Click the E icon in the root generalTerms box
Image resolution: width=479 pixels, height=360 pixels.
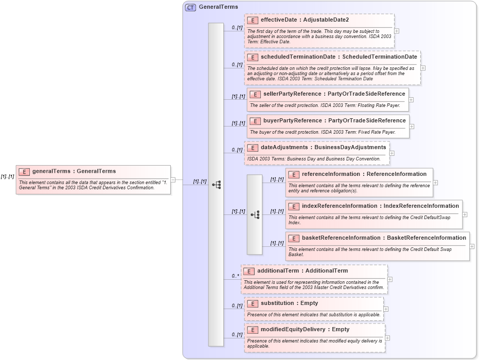pos(24,172)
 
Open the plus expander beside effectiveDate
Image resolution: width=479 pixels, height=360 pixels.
pos(397,31)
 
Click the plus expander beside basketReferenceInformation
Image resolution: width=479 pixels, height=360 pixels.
pos(472,246)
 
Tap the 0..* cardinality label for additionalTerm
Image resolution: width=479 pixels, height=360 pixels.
pos(235,276)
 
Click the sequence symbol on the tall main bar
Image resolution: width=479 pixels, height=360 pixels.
pos(216,185)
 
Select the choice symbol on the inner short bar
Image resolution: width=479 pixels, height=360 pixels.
pos(255,214)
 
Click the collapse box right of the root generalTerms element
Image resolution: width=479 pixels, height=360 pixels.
pos(173,180)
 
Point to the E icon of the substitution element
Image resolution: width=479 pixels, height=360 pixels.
pos(253,303)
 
